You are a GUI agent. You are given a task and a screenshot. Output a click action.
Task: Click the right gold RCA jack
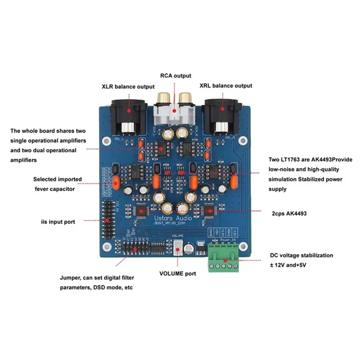click(x=185, y=98)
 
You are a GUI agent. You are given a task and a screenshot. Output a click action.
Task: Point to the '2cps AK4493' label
click(x=288, y=214)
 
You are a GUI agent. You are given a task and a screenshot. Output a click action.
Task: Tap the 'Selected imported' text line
click(x=58, y=179)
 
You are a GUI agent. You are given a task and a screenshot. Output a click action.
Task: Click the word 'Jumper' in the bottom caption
click(x=70, y=278)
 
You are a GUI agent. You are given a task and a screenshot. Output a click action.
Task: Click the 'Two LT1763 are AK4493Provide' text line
click(x=310, y=160)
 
